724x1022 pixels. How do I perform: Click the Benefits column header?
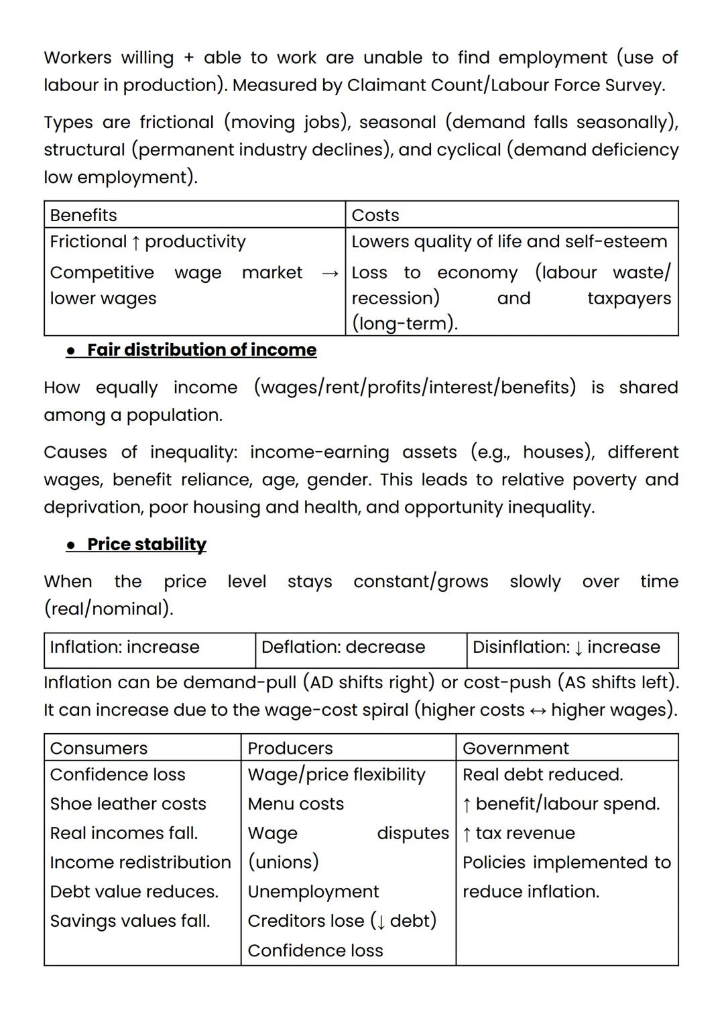[x=83, y=215]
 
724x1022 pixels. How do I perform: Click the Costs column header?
[x=375, y=215]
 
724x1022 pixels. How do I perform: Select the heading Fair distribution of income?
[x=201, y=350]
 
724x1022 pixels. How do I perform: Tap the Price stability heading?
[x=146, y=544]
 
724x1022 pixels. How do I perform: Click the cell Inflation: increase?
[x=125, y=647]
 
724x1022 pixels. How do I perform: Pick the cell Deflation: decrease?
[x=343, y=647]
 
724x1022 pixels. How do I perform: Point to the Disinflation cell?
[x=566, y=647]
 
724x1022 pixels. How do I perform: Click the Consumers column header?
[x=99, y=748]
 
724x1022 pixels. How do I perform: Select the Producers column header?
[x=290, y=748]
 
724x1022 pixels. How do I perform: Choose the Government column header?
[x=515, y=748]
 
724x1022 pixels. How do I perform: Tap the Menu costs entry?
[x=295, y=804]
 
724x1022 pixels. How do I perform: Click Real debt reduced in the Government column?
[x=542, y=775]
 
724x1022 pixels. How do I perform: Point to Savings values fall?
[x=130, y=921]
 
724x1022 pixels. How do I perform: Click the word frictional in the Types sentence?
[x=176, y=122]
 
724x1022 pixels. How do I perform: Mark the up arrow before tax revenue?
[x=467, y=834]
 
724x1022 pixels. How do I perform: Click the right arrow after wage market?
[x=329, y=273]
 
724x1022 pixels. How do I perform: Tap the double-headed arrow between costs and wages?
[x=538, y=710]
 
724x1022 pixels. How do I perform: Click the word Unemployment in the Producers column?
[x=313, y=891]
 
